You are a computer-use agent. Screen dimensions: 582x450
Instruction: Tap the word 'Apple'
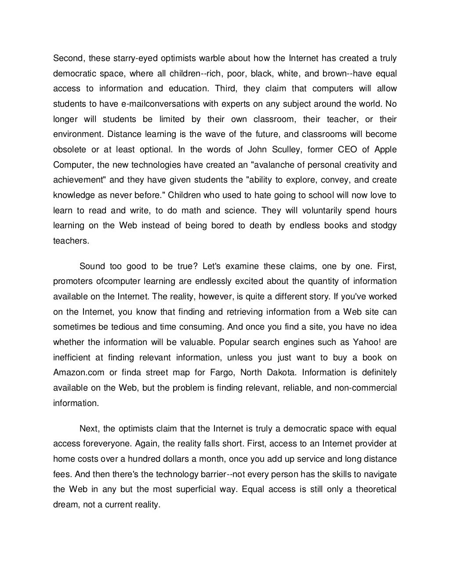pyautogui.click(x=385, y=149)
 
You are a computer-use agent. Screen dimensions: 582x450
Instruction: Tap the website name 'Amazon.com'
pyautogui.click(x=79, y=372)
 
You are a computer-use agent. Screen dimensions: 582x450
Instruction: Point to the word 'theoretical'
pyautogui.click(x=376, y=489)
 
